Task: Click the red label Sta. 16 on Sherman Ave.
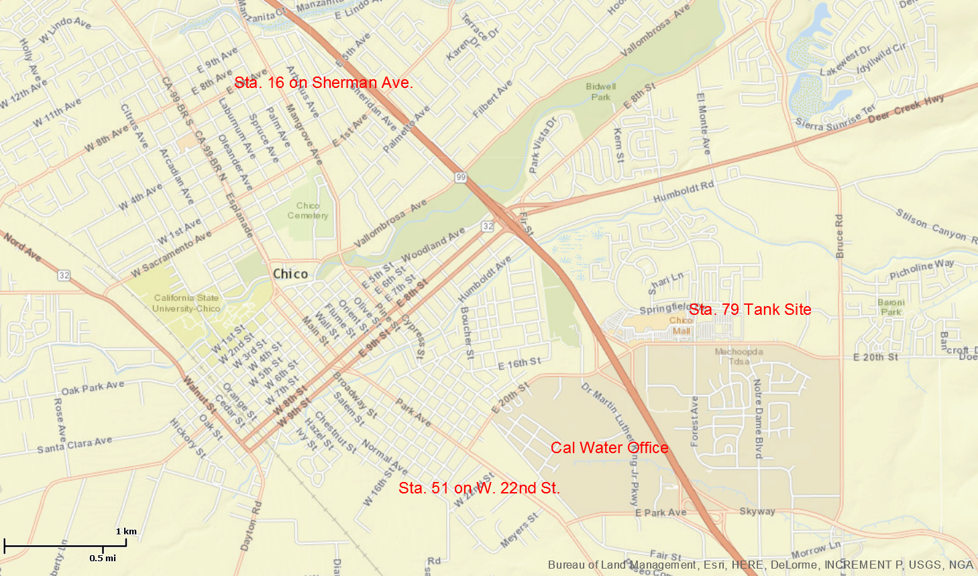click(x=323, y=83)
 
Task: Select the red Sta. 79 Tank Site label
click(x=750, y=309)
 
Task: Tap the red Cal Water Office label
click(x=609, y=448)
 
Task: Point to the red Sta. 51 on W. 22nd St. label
click(x=479, y=488)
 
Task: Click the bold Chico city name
click(x=290, y=274)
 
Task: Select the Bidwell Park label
click(x=600, y=91)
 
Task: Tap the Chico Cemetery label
click(x=308, y=211)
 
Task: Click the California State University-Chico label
click(x=186, y=303)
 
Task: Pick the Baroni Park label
click(x=891, y=307)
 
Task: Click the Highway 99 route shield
click(x=460, y=177)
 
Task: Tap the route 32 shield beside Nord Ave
click(x=64, y=275)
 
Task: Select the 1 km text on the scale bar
click(x=126, y=531)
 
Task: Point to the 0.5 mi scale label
click(x=103, y=558)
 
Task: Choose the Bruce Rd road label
click(x=839, y=236)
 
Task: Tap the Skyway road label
click(x=757, y=512)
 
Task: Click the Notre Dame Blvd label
click(x=758, y=419)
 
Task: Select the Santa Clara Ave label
click(x=74, y=445)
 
